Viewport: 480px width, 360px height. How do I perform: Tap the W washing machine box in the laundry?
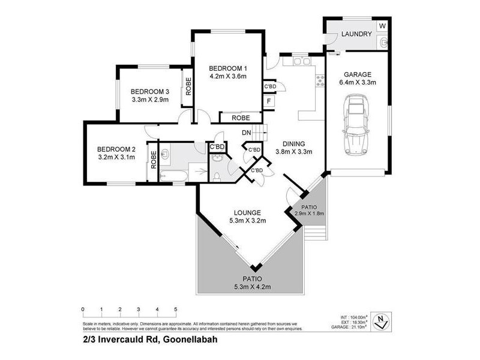coord(382,26)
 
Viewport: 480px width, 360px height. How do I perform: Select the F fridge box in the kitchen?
coord(270,101)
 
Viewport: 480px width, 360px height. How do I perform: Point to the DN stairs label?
coord(246,133)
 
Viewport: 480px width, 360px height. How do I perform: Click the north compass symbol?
coord(379,320)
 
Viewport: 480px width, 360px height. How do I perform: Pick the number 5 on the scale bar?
coord(176,309)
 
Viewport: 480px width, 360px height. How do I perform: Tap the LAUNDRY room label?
coord(356,34)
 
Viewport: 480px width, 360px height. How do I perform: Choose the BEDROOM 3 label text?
coord(151,91)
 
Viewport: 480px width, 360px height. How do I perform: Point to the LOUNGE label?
coord(247,212)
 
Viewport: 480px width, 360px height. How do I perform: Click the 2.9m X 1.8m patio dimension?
coord(309,214)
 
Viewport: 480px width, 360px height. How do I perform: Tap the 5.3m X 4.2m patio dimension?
coord(252,287)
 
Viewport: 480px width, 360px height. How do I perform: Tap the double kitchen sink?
coord(299,61)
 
